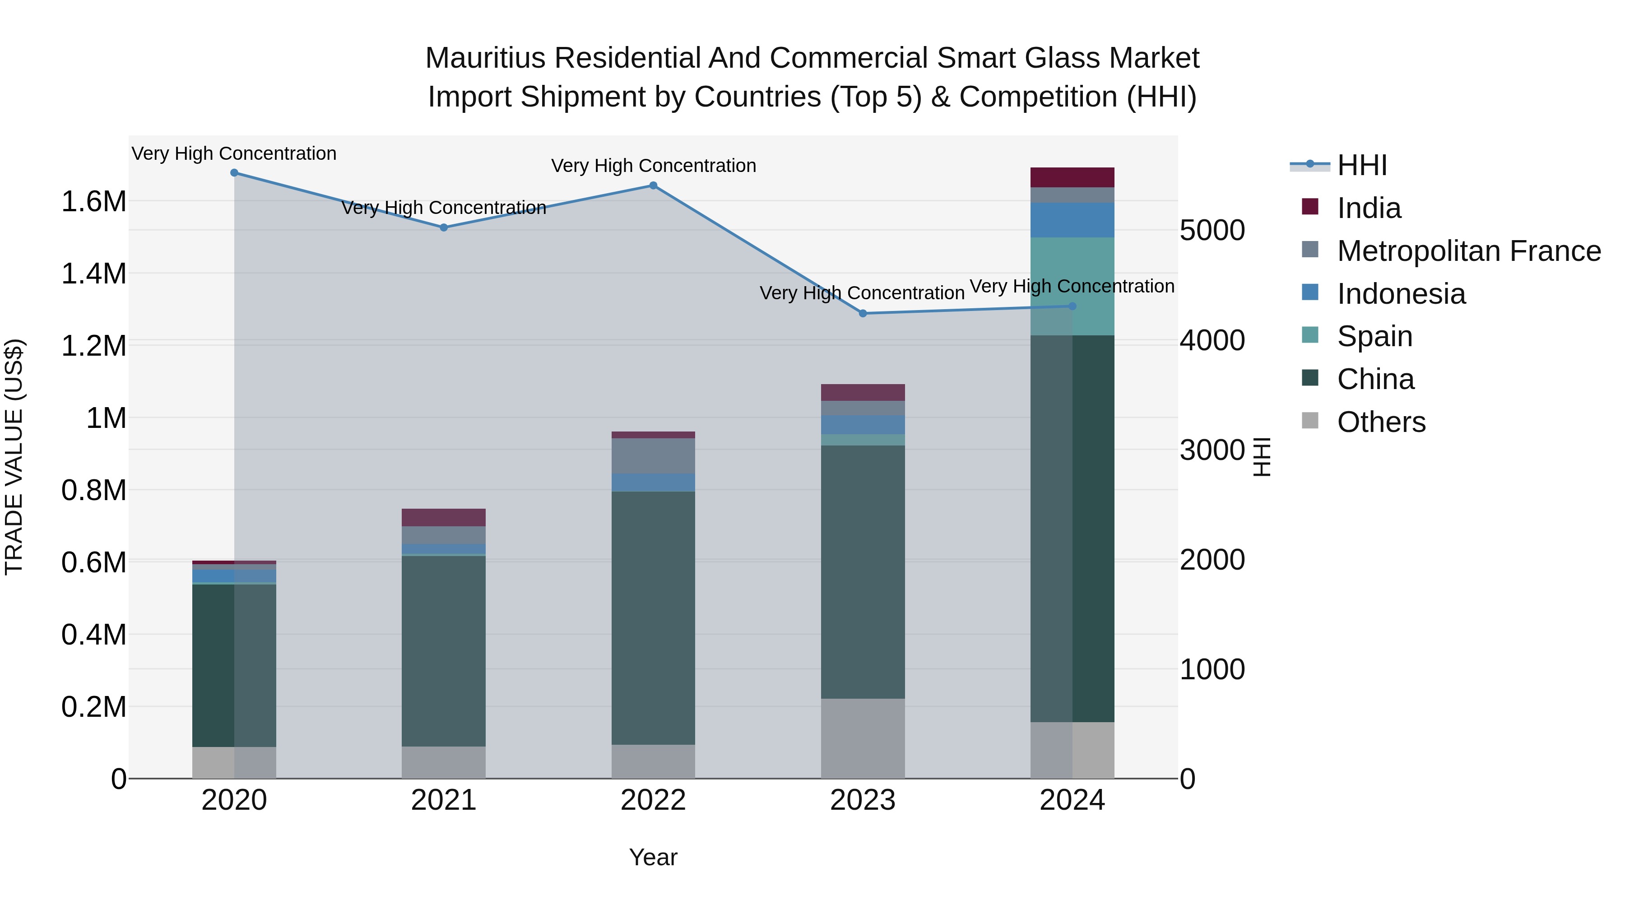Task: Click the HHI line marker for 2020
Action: point(234,173)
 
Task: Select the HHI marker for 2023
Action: point(863,314)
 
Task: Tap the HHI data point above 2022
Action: point(654,186)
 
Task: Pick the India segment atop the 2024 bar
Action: point(1072,177)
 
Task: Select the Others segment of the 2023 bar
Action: point(863,738)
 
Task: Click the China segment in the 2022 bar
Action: point(654,618)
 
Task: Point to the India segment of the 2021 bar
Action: point(443,517)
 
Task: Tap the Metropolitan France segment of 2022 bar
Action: point(654,455)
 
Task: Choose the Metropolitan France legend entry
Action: point(1468,251)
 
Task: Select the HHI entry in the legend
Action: point(1361,165)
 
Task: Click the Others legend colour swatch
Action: point(1310,421)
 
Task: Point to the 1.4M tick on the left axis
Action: point(93,274)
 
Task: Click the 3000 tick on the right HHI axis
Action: point(1212,450)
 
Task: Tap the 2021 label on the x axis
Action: point(443,800)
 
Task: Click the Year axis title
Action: point(654,857)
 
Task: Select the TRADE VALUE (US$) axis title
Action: point(14,457)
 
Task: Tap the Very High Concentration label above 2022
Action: point(654,166)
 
